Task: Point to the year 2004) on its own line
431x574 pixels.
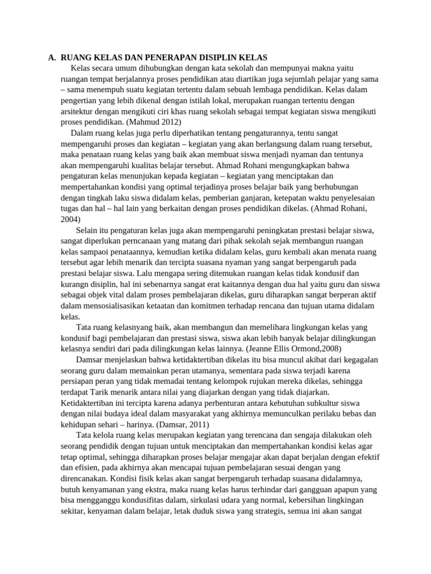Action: tap(71, 219)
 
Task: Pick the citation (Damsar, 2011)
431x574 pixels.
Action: tap(181, 424)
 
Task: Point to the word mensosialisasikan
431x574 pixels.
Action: tap(115, 305)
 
